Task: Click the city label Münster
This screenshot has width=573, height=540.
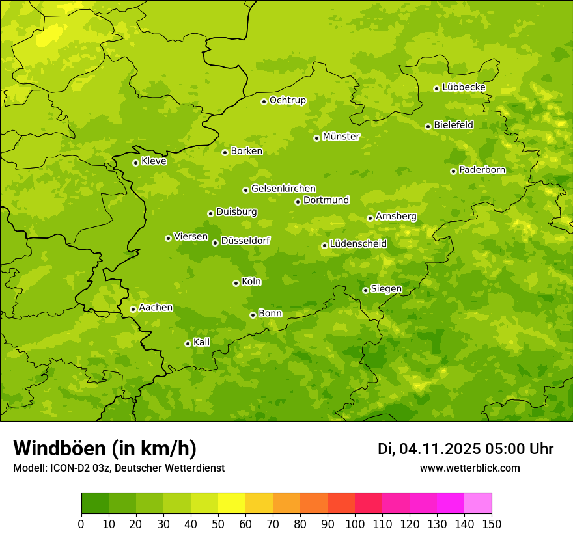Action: (x=341, y=137)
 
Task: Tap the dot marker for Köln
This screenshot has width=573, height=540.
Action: (x=236, y=283)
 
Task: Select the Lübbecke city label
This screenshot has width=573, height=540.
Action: (x=464, y=87)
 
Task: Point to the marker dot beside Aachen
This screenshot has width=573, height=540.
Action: (x=133, y=309)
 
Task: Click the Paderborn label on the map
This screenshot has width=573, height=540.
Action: (x=482, y=170)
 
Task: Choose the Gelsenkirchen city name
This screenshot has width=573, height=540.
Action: (x=283, y=189)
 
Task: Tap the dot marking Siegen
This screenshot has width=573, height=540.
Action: (x=365, y=290)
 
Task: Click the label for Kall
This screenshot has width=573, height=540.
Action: (x=202, y=342)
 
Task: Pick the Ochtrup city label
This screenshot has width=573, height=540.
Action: (x=287, y=100)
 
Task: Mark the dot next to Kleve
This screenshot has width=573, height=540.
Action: (x=135, y=163)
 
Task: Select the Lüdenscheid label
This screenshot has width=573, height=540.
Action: (x=358, y=244)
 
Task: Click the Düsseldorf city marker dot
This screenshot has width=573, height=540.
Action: (x=215, y=243)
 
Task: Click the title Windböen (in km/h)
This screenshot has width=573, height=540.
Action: (x=105, y=448)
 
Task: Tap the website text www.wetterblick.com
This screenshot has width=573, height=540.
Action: (x=469, y=468)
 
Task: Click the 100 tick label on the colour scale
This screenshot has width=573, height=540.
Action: (x=355, y=524)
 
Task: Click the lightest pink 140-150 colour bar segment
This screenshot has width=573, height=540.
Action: (x=478, y=504)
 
